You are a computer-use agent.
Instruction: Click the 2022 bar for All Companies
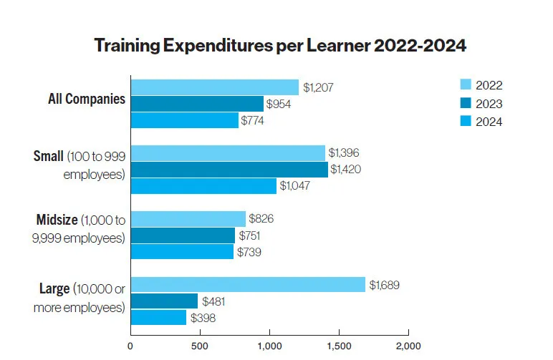coord(214,87)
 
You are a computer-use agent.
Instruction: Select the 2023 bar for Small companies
coord(229,170)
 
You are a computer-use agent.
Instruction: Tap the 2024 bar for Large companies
coord(158,317)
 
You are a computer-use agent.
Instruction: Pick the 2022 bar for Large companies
coord(247,285)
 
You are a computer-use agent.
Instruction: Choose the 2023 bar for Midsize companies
coord(183,235)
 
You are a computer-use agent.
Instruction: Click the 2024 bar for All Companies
coord(184,120)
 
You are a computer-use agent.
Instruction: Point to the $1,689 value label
coord(384,285)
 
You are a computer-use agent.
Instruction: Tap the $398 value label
coord(203,317)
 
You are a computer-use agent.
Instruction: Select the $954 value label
coord(279,104)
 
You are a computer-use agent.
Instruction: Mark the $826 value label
coord(261,218)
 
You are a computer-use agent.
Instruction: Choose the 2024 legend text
coord(489,122)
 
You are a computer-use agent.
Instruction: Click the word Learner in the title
coord(335,47)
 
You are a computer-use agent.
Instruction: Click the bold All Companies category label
coord(82,99)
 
